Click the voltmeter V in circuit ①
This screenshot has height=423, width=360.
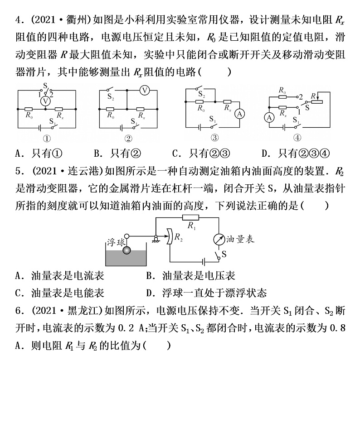coord(45,101)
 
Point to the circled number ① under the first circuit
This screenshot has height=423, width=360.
coord(46,139)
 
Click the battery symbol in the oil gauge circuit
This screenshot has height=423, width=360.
coord(204,261)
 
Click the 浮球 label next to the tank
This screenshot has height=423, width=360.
coord(115,240)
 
